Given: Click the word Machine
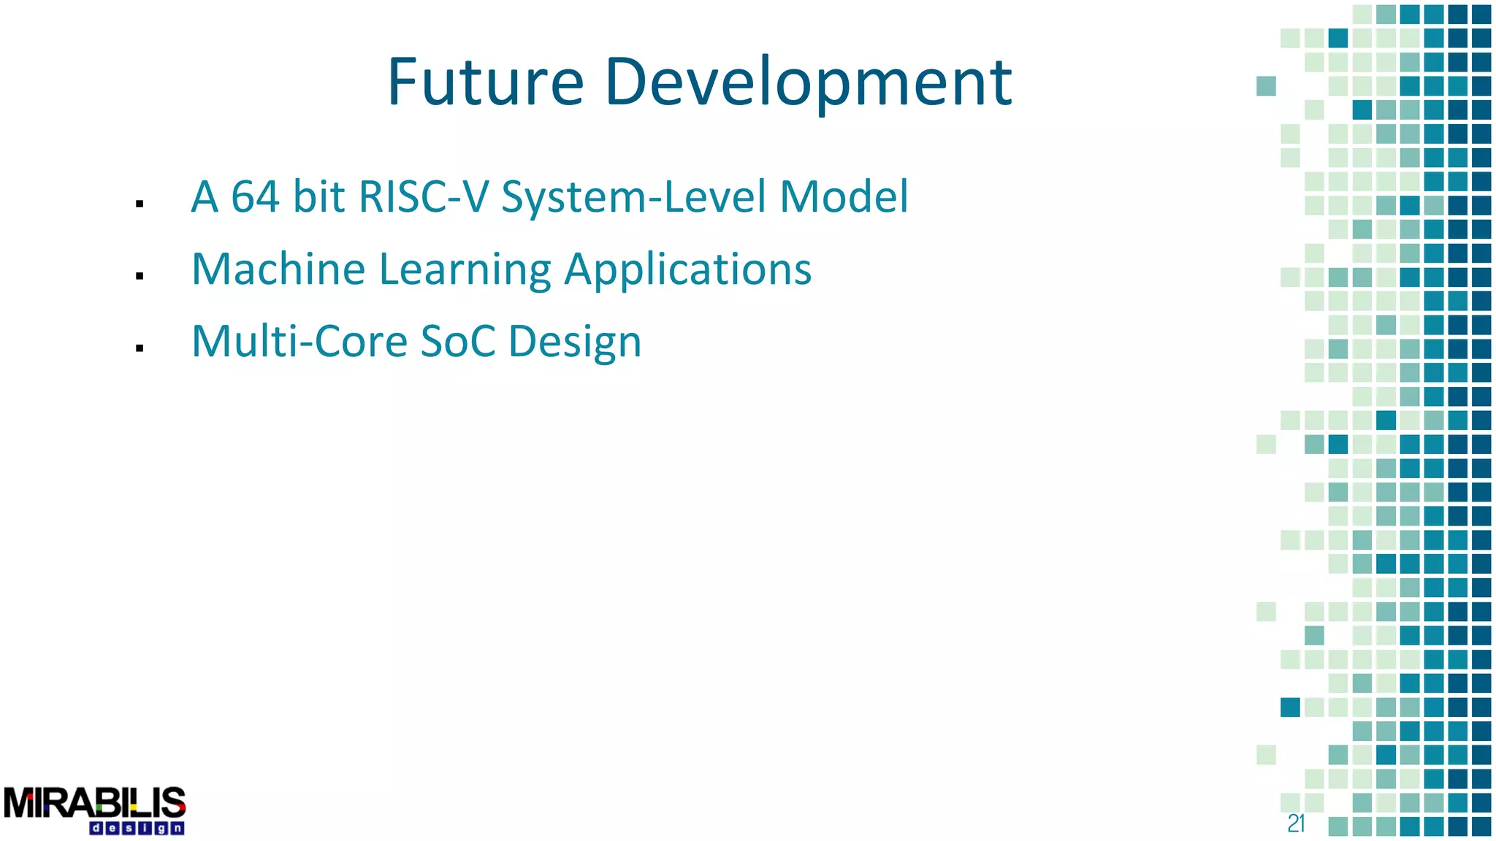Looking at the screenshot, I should [278, 269].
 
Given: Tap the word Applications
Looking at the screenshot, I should [687, 269].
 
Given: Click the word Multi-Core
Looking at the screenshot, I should [299, 342].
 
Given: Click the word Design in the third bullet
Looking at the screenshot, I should [575, 342].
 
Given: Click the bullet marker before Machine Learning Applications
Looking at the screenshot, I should [140, 276].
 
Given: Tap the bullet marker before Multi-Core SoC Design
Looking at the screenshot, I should [140, 348].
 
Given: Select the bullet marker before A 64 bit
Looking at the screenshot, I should [140, 204].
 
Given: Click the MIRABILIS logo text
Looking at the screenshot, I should [94, 803].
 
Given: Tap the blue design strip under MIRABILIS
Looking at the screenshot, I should [137, 829].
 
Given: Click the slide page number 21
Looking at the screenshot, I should [1296, 823].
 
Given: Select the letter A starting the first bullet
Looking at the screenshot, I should [205, 197].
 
